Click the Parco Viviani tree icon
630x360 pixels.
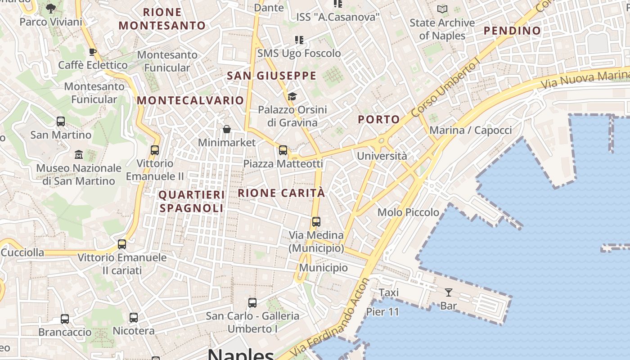[51, 8]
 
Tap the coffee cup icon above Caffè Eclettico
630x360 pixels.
[93, 52]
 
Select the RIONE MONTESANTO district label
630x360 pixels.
[162, 19]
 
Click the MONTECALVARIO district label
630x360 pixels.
[190, 100]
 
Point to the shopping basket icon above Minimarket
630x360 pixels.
[227, 130]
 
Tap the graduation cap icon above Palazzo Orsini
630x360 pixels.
[292, 96]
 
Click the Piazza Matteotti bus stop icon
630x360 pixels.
[283, 150]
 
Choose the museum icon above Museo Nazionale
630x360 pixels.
[79, 155]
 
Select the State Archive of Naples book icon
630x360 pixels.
[442, 9]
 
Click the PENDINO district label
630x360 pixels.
[512, 31]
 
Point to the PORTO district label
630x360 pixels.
[379, 119]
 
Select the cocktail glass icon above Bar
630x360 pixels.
[448, 292]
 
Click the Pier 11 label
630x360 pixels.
[382, 311]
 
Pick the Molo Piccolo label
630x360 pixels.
[408, 212]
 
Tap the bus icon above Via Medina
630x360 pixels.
[316, 221]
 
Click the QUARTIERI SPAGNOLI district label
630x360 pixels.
[191, 201]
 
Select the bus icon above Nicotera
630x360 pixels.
[134, 317]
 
